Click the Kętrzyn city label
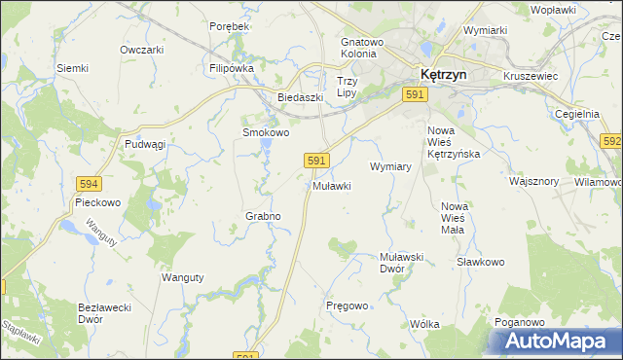tap(442, 73)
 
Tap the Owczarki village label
tap(140, 50)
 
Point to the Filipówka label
tap(232, 69)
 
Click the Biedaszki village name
tap(299, 97)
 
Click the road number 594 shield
tap(90, 183)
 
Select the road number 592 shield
tap(611, 142)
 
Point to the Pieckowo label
tap(96, 203)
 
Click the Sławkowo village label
tap(480, 262)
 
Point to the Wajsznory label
tap(533, 181)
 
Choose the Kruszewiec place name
tap(530, 74)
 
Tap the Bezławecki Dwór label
tap(104, 312)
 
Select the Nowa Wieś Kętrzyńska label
tap(454, 142)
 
